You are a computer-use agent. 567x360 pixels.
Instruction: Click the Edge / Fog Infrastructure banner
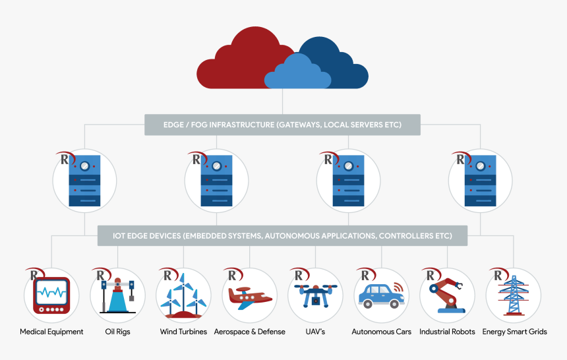[x=282, y=125]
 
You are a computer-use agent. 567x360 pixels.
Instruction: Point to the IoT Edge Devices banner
[x=282, y=235]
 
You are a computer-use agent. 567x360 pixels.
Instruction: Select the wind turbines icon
[x=183, y=295]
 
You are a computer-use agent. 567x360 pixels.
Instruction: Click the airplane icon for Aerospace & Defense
[x=249, y=297]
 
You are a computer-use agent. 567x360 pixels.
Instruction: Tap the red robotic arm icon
[x=447, y=295]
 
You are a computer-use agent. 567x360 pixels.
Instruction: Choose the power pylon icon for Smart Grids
[x=513, y=295]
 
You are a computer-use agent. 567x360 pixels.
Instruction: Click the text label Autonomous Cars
[x=381, y=332]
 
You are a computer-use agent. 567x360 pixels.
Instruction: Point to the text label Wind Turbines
[x=183, y=332]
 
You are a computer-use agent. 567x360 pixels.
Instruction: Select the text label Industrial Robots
[x=447, y=332]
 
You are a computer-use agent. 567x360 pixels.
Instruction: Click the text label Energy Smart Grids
[x=514, y=332]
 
